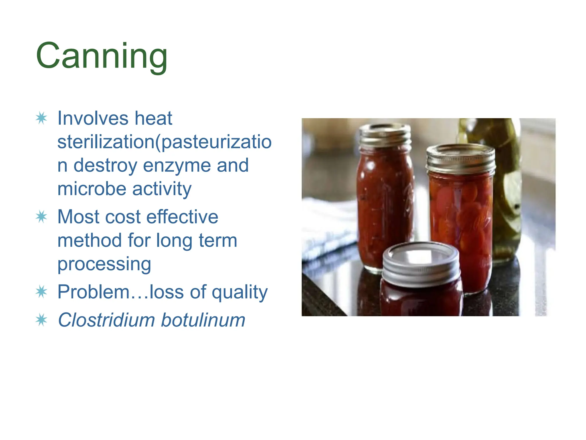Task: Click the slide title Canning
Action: [x=102, y=56]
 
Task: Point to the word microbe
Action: [x=92, y=189]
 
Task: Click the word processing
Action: [x=104, y=264]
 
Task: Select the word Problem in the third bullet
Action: [x=93, y=292]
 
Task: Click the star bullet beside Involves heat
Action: [x=41, y=118]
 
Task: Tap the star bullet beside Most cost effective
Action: [x=41, y=217]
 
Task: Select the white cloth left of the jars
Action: [x=326, y=229]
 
